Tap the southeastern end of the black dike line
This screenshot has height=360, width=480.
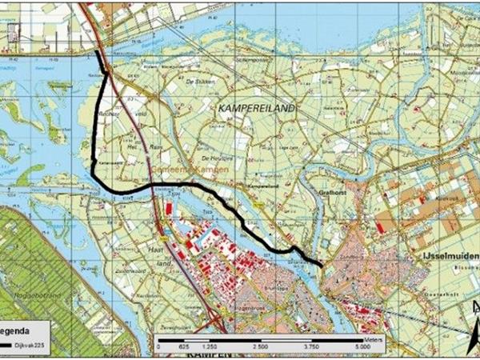point(322,265)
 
